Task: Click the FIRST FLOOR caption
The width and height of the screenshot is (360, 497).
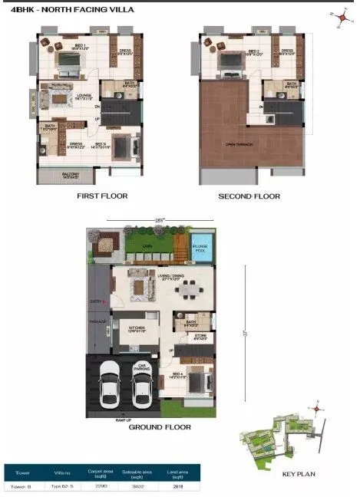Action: pos(101,196)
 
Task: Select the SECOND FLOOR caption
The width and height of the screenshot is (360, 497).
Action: pos(249,196)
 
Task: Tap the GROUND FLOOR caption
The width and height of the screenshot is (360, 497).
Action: pos(160,427)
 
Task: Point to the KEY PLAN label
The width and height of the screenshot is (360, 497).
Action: pos(299,475)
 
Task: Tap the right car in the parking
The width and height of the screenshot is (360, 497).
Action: pos(141,385)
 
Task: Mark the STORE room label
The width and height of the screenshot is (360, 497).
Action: pos(200,335)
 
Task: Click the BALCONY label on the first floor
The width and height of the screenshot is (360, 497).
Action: pos(71,174)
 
